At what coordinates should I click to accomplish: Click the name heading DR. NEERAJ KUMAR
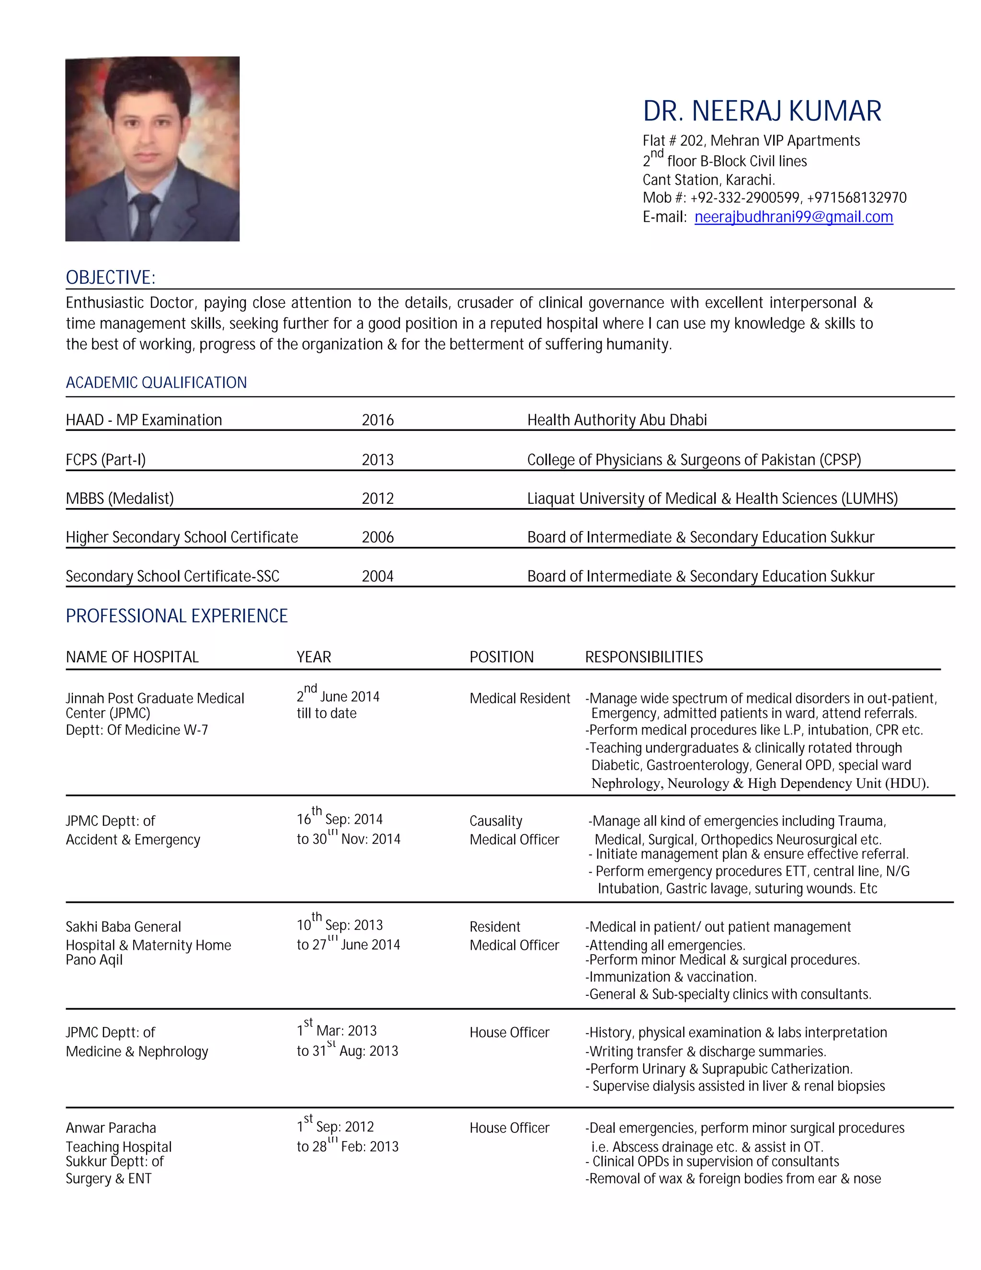pyautogui.click(x=761, y=111)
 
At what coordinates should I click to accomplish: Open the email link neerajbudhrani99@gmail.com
pyautogui.click(x=793, y=217)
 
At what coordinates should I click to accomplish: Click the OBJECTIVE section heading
pyautogui.click(x=111, y=277)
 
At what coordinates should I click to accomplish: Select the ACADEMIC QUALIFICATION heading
pyautogui.click(x=156, y=382)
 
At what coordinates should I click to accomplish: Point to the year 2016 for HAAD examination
pyautogui.click(x=378, y=420)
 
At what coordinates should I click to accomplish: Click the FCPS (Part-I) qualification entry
pyautogui.click(x=106, y=460)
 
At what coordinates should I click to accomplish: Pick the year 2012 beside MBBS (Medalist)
pyautogui.click(x=378, y=498)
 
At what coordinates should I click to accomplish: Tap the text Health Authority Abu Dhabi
pyautogui.click(x=616, y=420)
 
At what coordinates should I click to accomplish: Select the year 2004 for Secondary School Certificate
pyautogui.click(x=378, y=576)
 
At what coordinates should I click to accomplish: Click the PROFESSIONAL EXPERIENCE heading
pyautogui.click(x=177, y=616)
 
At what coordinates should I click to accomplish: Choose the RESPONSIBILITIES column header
pyautogui.click(x=644, y=657)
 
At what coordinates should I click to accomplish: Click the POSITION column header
pyautogui.click(x=502, y=657)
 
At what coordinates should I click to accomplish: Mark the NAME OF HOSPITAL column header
pyautogui.click(x=132, y=657)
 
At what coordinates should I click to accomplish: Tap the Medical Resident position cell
pyautogui.click(x=520, y=698)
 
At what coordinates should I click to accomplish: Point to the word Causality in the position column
pyautogui.click(x=496, y=821)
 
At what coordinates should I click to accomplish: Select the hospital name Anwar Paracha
pyautogui.click(x=111, y=1128)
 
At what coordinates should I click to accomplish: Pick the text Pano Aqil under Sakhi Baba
pyautogui.click(x=94, y=959)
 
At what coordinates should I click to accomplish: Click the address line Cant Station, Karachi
pyautogui.click(x=708, y=180)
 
